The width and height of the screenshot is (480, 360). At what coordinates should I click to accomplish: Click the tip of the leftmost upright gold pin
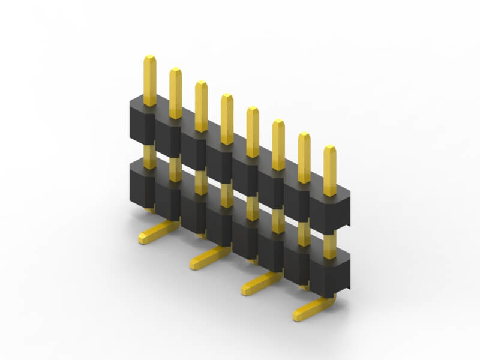pos(149,58)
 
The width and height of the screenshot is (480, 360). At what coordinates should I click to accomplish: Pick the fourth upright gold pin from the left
pos(227,119)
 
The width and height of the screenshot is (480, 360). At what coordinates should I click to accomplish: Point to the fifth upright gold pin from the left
pos(253,133)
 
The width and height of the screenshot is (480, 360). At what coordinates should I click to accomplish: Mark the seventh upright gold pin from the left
pos(304,158)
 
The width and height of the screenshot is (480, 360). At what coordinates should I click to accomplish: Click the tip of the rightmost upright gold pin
pos(330,148)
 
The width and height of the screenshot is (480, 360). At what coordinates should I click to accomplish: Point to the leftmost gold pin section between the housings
pos(149,155)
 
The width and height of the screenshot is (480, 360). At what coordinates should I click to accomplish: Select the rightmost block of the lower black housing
pos(331,276)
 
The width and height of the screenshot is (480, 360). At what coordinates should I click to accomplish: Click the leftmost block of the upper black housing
pos(142,123)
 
